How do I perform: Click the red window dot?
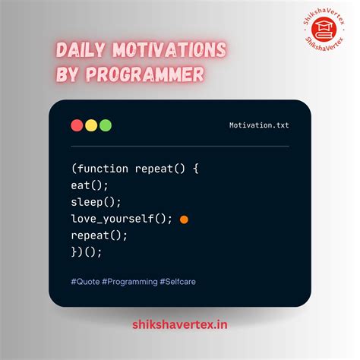click(x=77, y=125)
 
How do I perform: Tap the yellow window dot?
click(x=91, y=125)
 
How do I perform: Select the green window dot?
click(x=105, y=125)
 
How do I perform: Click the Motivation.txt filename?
click(x=259, y=125)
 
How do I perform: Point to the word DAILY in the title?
click(x=81, y=52)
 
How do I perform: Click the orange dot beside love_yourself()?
click(x=184, y=219)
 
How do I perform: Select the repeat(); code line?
click(x=99, y=236)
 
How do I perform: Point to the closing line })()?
click(x=86, y=253)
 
